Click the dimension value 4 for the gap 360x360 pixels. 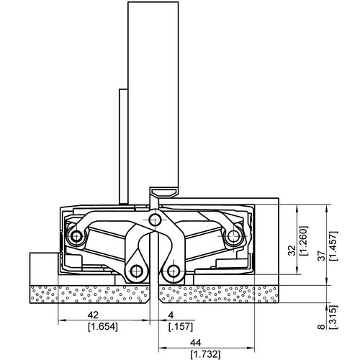(x=171, y=314)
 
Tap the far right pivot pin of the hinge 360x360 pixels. (x=233, y=236)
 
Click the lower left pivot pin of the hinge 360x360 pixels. (x=135, y=271)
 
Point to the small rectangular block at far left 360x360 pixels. (x=42, y=267)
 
